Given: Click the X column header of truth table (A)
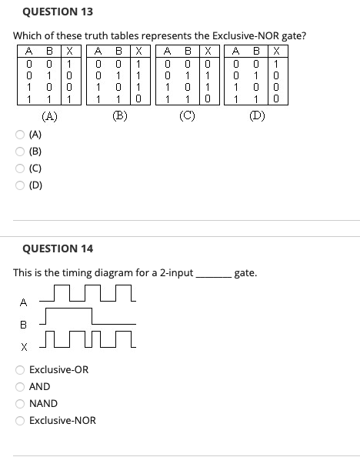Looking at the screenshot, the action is coord(68,52).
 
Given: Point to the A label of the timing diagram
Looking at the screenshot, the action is coord(23,302).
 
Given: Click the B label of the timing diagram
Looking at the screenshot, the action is coord(23,324).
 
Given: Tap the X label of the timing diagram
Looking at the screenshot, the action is coord(23,346).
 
